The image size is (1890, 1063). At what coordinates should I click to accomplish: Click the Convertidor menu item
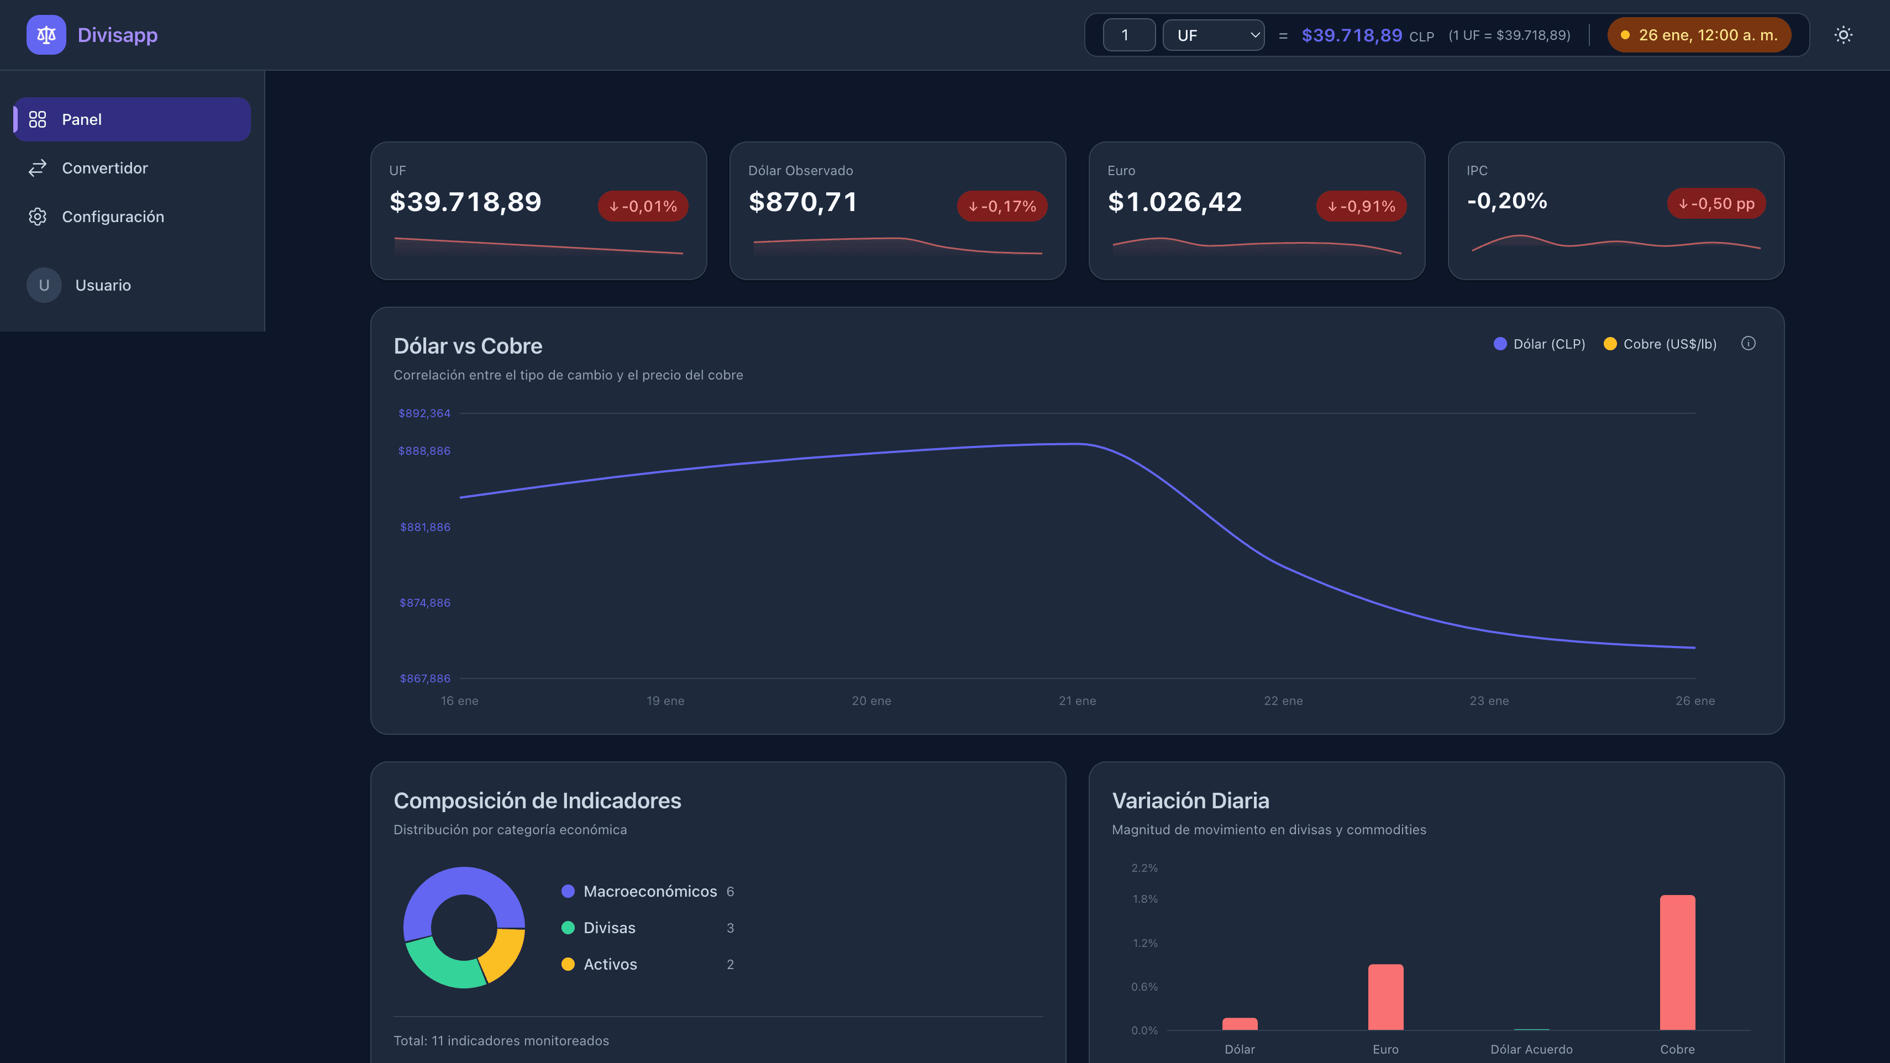click(x=104, y=168)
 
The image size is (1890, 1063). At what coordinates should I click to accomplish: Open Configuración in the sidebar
click(x=112, y=217)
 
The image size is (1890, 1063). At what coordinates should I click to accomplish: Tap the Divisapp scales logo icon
click(x=46, y=35)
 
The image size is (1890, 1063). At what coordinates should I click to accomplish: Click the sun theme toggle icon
click(x=1843, y=35)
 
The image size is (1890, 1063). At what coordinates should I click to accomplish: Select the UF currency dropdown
click(x=1213, y=35)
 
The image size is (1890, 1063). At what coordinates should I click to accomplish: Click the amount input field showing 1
click(x=1128, y=35)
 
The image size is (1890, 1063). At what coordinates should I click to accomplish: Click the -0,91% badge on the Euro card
click(x=1361, y=206)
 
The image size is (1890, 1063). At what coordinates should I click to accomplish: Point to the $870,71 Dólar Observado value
click(x=802, y=202)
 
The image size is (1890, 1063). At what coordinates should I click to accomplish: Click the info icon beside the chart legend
click(x=1749, y=343)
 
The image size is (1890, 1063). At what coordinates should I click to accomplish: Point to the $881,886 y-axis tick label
click(x=425, y=527)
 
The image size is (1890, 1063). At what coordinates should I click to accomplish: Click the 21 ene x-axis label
click(x=1077, y=701)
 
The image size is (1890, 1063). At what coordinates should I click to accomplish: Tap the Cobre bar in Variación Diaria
click(x=1677, y=962)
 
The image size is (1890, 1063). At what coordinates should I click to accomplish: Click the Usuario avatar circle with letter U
click(x=44, y=286)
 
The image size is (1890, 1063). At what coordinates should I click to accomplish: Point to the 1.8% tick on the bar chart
click(x=1144, y=899)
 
